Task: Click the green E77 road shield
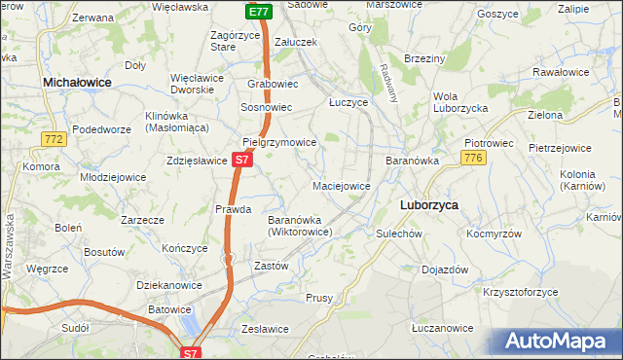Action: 257,12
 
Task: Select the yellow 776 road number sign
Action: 473,159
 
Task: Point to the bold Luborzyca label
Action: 429,205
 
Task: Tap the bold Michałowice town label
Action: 77,85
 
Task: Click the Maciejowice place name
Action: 341,186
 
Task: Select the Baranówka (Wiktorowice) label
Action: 301,226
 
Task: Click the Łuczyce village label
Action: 348,102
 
